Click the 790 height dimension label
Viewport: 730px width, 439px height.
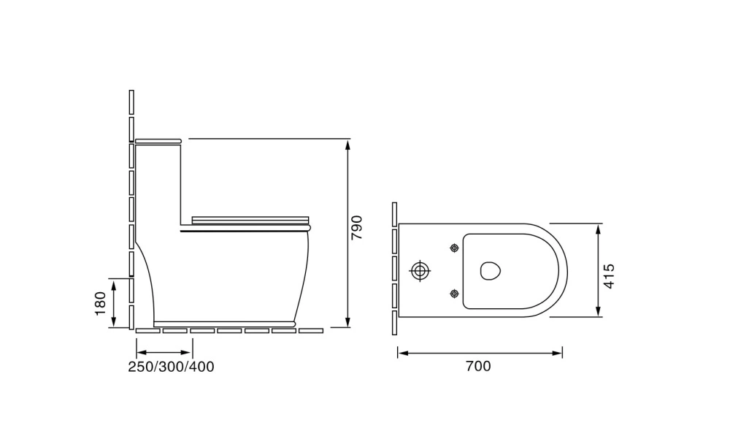[356, 228]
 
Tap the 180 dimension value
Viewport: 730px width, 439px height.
[101, 303]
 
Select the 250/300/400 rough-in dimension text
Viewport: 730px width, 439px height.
[172, 367]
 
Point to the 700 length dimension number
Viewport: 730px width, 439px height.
[478, 366]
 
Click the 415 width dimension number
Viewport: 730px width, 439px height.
[609, 276]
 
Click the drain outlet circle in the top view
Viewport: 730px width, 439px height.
[420, 271]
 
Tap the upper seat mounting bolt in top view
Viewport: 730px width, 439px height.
[454, 248]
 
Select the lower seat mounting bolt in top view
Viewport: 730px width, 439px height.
[454, 294]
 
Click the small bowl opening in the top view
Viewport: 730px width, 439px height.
[491, 271]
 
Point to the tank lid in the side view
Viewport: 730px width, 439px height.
[158, 140]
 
